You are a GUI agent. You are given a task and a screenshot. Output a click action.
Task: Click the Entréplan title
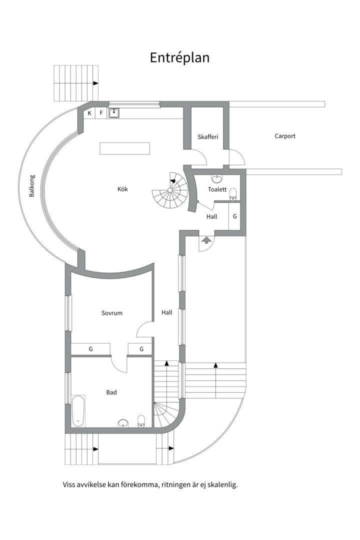(179, 58)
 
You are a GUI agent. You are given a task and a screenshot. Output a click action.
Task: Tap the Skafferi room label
(207, 136)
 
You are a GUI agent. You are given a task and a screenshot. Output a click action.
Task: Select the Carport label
(285, 136)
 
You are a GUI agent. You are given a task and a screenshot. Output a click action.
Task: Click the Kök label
(122, 189)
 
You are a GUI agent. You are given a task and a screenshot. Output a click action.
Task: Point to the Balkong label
(31, 186)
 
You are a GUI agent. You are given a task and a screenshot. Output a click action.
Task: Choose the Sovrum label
(112, 313)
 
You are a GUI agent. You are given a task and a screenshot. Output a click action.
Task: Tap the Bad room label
(111, 392)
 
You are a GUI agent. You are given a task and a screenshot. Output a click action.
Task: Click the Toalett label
(217, 189)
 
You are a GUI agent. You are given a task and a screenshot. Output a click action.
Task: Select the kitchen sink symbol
(113, 112)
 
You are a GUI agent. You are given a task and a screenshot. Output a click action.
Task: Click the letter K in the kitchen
(89, 113)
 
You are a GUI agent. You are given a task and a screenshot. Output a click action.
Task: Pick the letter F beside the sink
(101, 113)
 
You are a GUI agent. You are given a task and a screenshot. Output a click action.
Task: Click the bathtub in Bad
(78, 411)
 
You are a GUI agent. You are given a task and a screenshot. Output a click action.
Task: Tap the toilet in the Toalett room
(233, 193)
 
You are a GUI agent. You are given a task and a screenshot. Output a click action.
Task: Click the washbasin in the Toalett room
(217, 179)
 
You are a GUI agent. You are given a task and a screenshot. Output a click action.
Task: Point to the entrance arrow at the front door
(206, 239)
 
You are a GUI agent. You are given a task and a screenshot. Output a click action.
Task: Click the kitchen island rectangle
(124, 148)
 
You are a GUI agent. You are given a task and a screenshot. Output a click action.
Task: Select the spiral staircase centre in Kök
(170, 190)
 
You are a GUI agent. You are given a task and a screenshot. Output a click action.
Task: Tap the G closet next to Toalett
(235, 216)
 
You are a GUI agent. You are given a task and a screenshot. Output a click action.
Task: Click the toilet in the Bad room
(141, 421)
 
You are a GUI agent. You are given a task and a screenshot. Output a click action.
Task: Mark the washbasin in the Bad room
(123, 423)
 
